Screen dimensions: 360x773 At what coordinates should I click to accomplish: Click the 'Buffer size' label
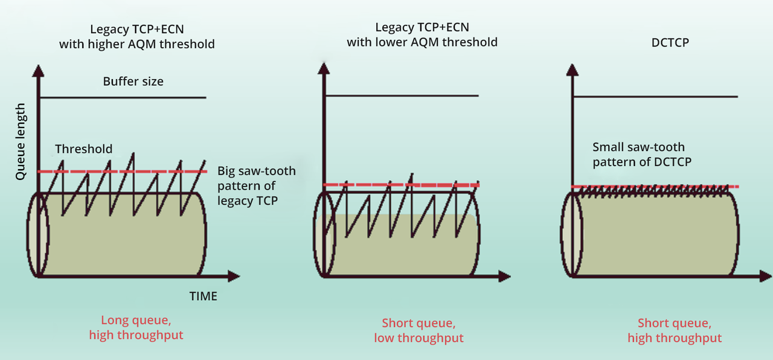[133, 81]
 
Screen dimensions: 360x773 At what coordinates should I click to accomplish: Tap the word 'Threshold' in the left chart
[83, 149]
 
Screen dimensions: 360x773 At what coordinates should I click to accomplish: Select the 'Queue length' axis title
[21, 141]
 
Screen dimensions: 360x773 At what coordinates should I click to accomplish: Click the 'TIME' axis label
[203, 296]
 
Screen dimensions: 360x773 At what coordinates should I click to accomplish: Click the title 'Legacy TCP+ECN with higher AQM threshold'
[136, 36]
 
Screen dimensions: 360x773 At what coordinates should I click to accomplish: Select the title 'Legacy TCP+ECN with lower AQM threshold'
[422, 34]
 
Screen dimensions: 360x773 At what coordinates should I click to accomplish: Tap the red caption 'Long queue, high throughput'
[136, 327]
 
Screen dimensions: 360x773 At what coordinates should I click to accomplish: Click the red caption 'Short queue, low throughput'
[419, 330]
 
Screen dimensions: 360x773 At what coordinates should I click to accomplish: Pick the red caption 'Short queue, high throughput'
[674, 330]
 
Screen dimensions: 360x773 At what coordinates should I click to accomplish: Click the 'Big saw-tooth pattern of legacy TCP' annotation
[256, 185]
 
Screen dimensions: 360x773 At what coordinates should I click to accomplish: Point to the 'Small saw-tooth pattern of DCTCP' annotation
[642, 154]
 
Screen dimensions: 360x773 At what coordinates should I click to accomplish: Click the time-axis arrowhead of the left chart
[234, 277]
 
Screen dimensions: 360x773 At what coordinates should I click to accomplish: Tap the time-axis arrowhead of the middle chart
[505, 277]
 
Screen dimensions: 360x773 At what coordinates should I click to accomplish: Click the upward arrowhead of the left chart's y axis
[38, 70]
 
